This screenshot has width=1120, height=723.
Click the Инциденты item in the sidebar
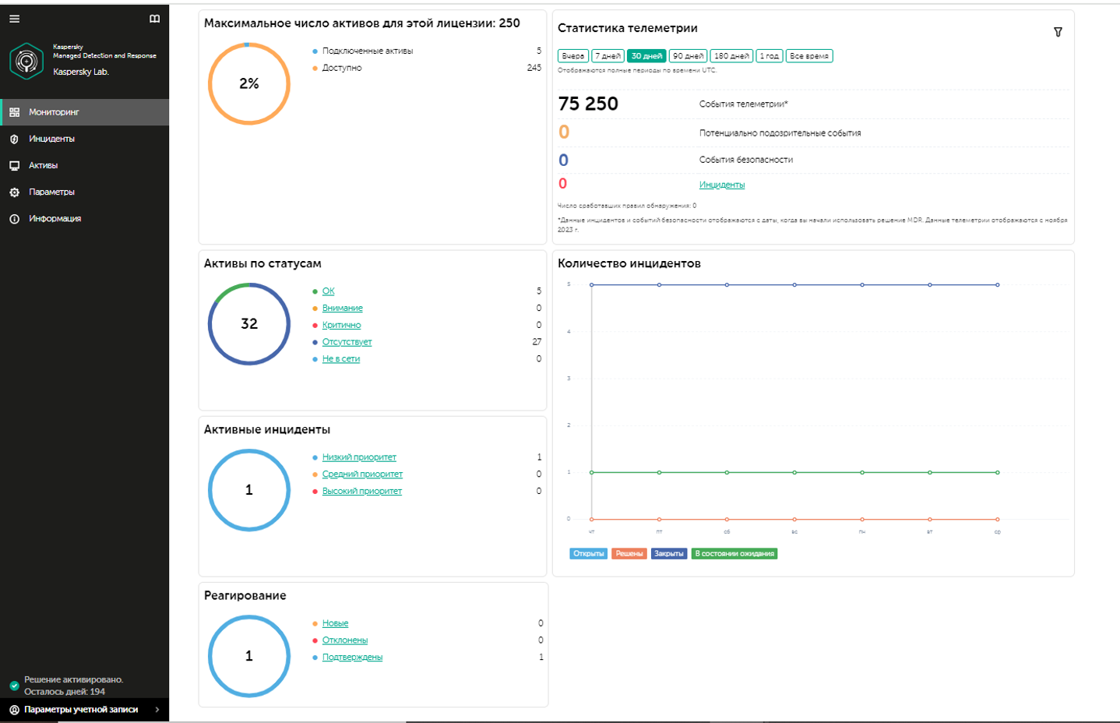(51, 139)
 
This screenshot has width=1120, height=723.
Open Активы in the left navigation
(43, 165)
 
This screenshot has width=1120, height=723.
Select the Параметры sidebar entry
(51, 192)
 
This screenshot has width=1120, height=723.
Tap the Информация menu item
(55, 219)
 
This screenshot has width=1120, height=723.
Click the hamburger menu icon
(14, 19)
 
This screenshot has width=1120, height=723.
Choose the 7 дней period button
(608, 56)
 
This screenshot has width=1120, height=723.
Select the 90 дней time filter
(688, 56)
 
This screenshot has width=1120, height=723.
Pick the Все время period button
(808, 56)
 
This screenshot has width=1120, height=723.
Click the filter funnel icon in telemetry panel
(1058, 32)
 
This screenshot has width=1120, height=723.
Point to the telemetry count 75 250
(588, 104)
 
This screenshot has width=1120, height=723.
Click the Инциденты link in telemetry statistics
(722, 185)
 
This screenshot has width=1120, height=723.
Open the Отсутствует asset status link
(347, 342)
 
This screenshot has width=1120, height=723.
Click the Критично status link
(341, 325)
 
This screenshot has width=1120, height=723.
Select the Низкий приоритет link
(359, 457)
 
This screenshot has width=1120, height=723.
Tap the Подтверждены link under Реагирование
(352, 658)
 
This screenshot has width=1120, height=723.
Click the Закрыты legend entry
(668, 554)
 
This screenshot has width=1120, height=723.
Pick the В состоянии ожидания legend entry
(734, 554)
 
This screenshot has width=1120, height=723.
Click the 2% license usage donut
(249, 83)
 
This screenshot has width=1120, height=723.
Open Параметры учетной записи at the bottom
(81, 710)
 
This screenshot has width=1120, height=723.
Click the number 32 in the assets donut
(249, 323)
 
